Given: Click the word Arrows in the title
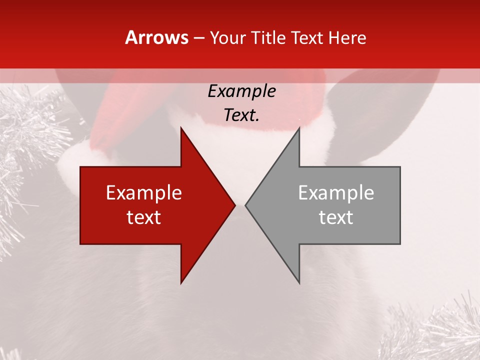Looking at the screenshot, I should click(x=157, y=37).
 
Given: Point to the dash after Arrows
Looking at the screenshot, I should click(x=198, y=38).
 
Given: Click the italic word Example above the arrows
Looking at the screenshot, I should click(x=241, y=91).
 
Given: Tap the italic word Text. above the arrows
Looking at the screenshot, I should click(x=241, y=115).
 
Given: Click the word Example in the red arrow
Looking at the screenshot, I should click(x=144, y=193).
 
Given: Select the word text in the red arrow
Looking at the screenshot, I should click(x=144, y=217).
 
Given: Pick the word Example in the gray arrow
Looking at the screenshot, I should click(x=336, y=193).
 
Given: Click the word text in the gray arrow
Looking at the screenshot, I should click(x=336, y=217).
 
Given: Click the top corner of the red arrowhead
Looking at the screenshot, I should click(x=181, y=128).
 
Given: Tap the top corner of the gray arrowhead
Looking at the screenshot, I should click(x=299, y=128).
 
